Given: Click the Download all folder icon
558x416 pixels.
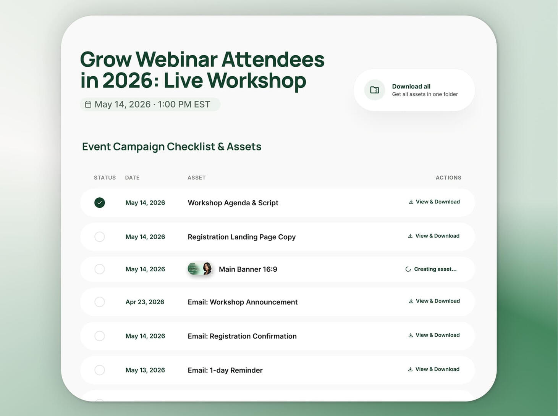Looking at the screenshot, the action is click(374, 90).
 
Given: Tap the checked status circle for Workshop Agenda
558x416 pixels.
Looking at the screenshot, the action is click(99, 203).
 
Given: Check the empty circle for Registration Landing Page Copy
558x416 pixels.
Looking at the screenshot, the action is click(99, 237).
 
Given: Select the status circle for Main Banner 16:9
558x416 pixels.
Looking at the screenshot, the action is click(99, 269).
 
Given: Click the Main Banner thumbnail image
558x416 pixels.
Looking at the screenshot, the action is click(200, 269).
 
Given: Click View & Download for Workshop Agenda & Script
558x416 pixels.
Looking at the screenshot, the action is click(434, 202).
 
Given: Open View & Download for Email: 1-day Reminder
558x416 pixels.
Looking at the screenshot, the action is click(434, 369).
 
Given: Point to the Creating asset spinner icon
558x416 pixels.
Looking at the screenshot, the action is click(408, 269).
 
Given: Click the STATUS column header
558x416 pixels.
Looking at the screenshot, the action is click(105, 177).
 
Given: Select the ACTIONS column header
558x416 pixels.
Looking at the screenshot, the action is click(448, 177).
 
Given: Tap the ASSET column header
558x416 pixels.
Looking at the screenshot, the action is click(197, 177).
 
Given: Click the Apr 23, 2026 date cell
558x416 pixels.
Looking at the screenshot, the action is click(145, 302).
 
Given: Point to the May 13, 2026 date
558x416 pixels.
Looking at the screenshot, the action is click(145, 370).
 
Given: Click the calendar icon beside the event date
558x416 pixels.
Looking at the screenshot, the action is click(88, 104).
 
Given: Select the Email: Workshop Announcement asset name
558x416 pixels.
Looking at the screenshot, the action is click(243, 302).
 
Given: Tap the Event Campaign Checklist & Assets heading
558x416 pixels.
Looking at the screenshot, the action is click(171, 147).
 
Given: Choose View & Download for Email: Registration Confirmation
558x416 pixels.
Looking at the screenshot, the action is click(434, 335).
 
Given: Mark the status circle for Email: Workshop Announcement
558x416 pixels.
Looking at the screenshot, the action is click(99, 302).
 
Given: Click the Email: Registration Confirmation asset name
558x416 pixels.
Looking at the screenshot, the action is click(242, 336).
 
